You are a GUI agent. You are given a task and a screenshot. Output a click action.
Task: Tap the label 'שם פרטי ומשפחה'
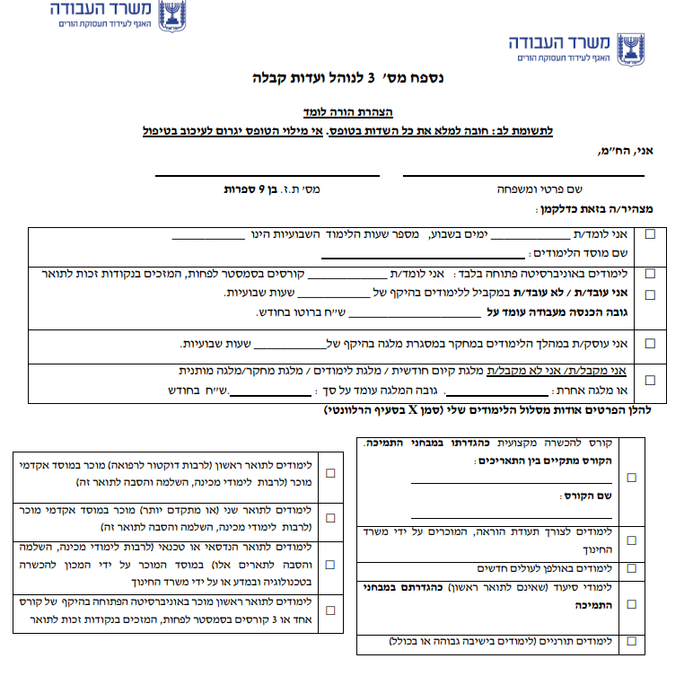[538, 190]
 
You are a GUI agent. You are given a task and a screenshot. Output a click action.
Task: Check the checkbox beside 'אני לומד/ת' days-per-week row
[650, 234]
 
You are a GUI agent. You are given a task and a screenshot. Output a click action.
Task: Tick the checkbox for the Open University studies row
[650, 274]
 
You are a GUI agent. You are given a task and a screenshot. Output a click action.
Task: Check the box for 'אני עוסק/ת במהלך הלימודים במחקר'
[650, 343]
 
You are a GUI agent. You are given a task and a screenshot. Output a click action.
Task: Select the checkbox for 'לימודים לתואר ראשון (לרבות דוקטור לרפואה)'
[331, 472]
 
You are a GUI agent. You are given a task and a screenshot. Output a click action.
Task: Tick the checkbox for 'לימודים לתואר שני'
[331, 518]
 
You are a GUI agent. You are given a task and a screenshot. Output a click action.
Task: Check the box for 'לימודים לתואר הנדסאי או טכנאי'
[331, 564]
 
